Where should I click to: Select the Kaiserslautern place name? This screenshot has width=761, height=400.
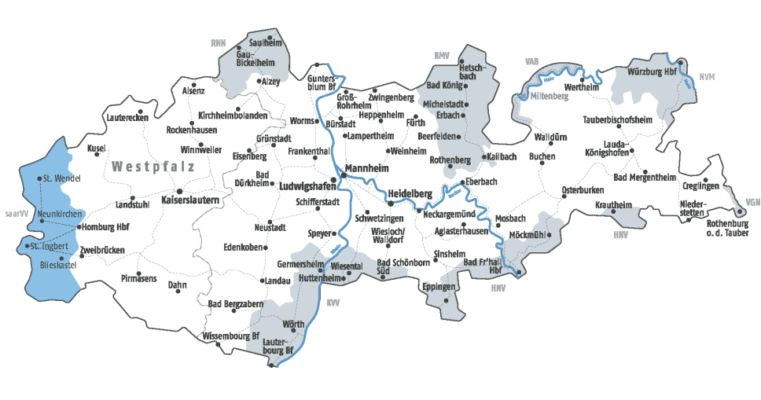[x=189, y=201]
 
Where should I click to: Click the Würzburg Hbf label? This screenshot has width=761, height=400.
[x=652, y=72]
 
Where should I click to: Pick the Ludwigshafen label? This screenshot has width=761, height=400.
[x=307, y=186]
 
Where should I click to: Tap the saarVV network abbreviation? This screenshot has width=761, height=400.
[x=16, y=213]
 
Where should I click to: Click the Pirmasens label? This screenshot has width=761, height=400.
[x=139, y=278]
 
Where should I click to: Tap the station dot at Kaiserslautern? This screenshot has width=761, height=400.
[x=179, y=190]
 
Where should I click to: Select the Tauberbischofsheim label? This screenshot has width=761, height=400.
[x=618, y=119]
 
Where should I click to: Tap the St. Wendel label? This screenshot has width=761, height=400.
[x=62, y=178]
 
